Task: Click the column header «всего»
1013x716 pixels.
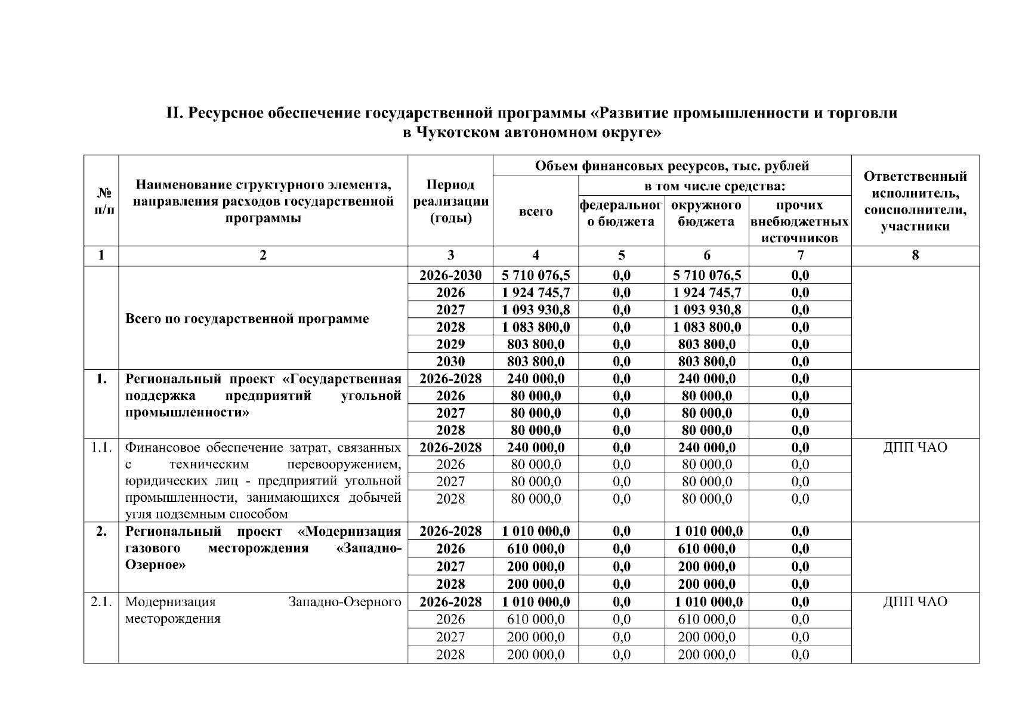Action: [x=535, y=212]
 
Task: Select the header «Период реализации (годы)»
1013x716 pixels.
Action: [x=450, y=201]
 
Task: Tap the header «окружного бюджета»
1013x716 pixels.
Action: [x=706, y=214]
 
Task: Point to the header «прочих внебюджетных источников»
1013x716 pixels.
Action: [x=799, y=221]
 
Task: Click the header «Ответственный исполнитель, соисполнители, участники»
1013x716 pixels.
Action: [x=915, y=201]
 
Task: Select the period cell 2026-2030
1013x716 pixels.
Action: [x=450, y=275]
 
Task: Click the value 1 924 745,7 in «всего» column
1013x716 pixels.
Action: [x=535, y=292]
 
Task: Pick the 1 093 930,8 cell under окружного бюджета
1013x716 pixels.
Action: [x=706, y=310]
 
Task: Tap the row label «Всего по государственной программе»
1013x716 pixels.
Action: [x=247, y=319]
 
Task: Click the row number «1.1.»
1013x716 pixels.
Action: [x=101, y=447]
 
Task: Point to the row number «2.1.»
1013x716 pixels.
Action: [x=101, y=601]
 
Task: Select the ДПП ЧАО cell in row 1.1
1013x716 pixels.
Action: [x=915, y=447]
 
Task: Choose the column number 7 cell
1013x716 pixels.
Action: [x=799, y=255]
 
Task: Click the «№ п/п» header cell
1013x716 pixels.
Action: [x=101, y=201]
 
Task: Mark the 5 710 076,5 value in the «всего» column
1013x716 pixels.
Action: [x=535, y=275]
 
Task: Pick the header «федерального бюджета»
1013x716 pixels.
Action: [x=621, y=214]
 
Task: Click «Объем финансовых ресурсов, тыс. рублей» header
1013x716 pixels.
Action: [x=672, y=165]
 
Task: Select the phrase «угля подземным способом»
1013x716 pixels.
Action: [x=206, y=514]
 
